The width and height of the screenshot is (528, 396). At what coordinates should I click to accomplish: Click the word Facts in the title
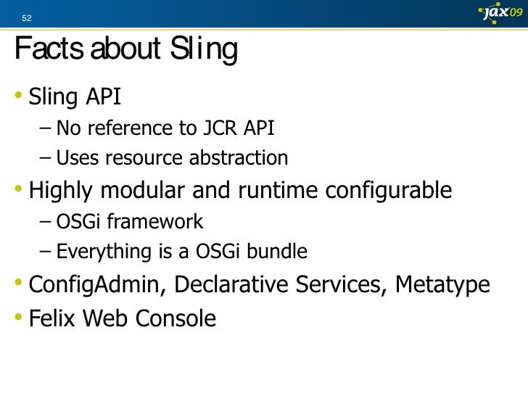46,51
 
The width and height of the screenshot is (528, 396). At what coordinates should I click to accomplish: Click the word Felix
54,318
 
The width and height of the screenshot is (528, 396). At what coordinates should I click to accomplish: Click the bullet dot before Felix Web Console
19,318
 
